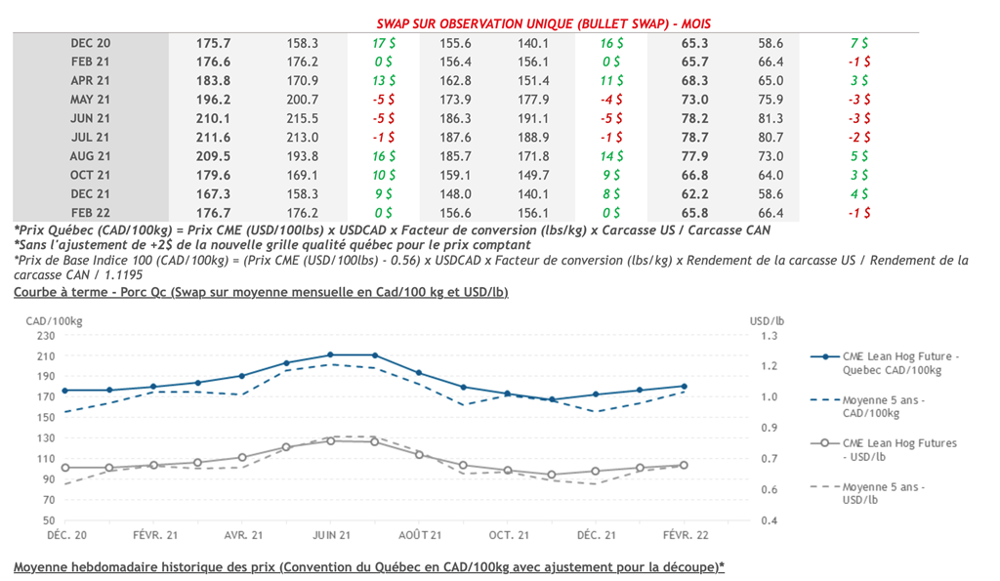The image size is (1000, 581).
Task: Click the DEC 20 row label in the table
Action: [x=91, y=44]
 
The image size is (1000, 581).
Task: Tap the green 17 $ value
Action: [x=383, y=44]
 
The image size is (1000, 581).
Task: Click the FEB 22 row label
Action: [x=91, y=212]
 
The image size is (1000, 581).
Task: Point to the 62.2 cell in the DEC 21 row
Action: [x=693, y=193]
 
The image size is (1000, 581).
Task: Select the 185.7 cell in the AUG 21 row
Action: [x=456, y=155]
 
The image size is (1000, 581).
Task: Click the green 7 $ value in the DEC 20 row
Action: [x=860, y=44]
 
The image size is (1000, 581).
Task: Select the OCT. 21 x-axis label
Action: [x=508, y=535]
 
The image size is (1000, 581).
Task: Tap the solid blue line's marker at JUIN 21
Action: [x=331, y=354]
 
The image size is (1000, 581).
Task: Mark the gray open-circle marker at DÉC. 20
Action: [x=65, y=468]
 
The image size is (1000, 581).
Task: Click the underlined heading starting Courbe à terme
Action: [x=261, y=292]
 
